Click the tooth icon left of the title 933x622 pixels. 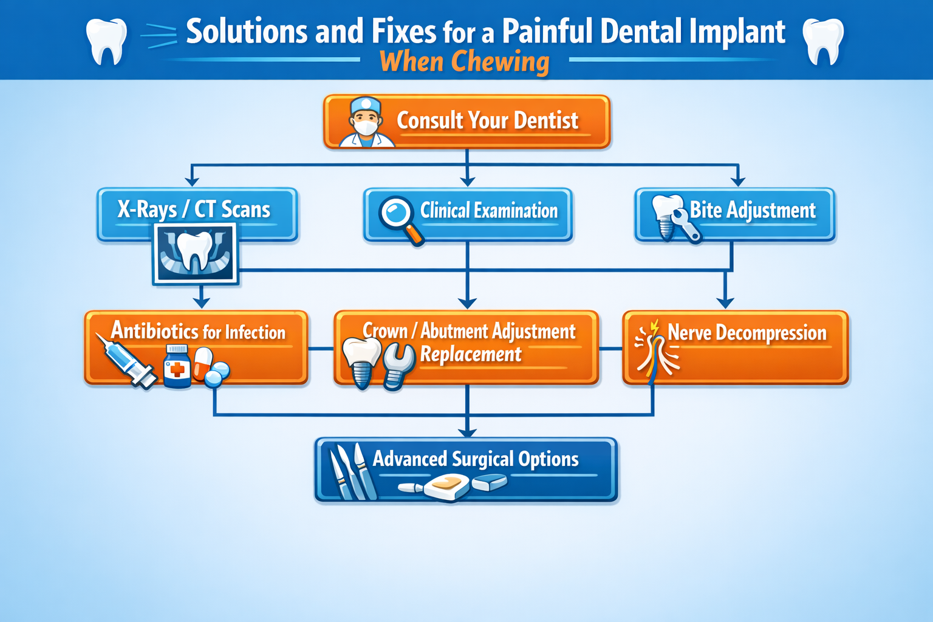point(106,41)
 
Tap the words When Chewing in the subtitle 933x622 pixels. point(465,62)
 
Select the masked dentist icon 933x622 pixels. point(366,123)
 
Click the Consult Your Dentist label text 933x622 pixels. point(487,120)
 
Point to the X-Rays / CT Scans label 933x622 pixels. point(194,210)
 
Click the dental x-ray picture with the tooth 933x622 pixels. point(195,253)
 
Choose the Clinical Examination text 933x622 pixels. point(489,211)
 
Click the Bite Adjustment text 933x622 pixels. point(753,210)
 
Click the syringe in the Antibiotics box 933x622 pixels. point(126,362)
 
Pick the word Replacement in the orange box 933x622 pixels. point(471,354)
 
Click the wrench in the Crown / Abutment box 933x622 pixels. point(398,366)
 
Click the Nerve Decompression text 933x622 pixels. point(747,333)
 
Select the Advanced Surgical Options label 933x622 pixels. point(476,459)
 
